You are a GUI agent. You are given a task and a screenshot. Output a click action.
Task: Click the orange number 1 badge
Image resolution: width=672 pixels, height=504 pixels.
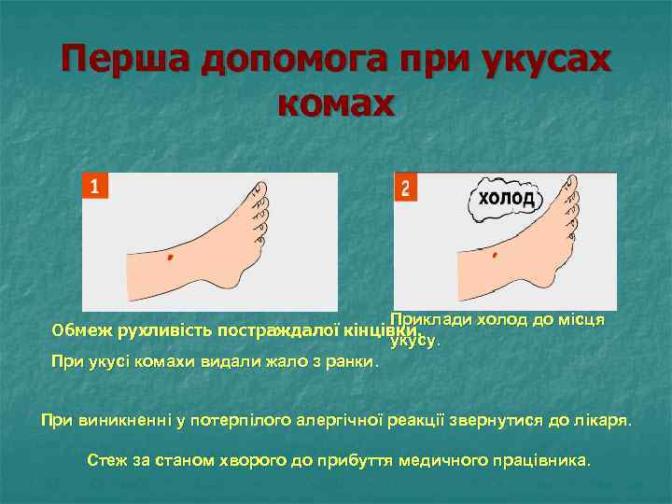[x=94, y=186]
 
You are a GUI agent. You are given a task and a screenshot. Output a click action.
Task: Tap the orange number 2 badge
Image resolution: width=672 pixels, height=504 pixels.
[x=405, y=187]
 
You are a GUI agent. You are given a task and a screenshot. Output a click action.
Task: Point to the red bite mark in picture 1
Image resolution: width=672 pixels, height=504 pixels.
[x=170, y=257]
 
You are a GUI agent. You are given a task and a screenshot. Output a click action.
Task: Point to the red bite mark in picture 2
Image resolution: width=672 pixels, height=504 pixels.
[x=494, y=254]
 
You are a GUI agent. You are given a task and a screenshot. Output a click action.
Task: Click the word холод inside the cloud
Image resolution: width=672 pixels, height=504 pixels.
[x=507, y=199]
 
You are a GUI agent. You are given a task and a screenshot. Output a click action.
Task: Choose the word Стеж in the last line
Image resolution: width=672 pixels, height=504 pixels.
[x=104, y=460]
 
